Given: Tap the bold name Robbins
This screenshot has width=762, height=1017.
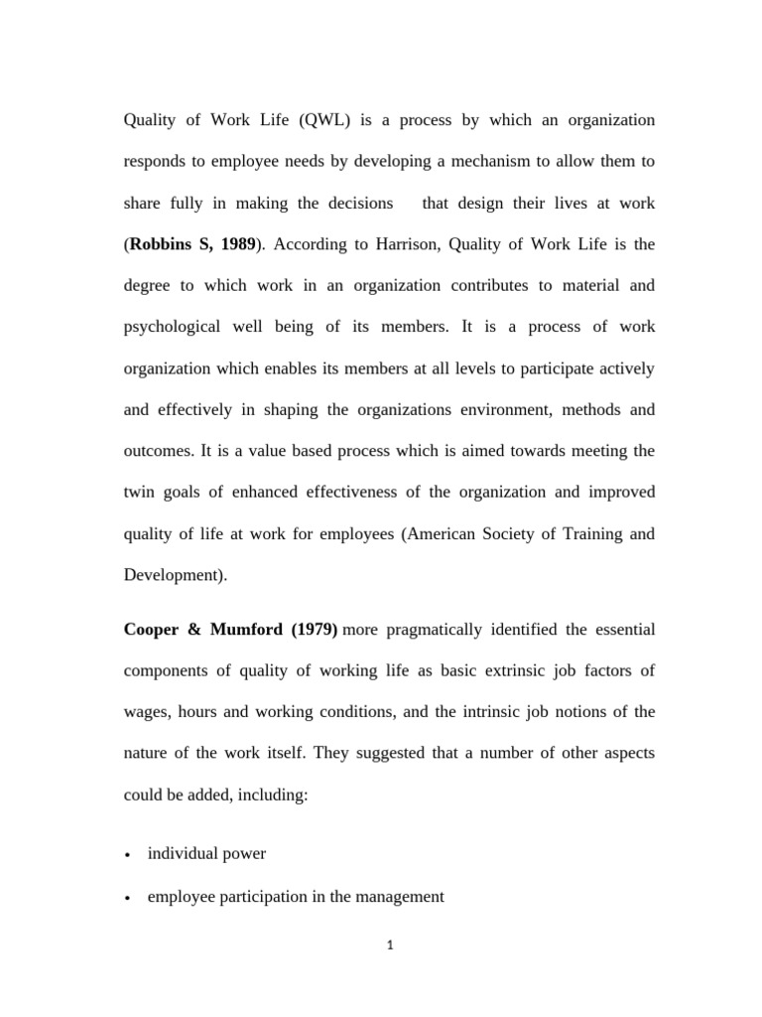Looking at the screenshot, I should tap(168, 244).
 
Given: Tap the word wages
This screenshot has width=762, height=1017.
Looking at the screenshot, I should tap(146, 712).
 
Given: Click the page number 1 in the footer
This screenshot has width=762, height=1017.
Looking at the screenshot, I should tap(391, 946).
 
